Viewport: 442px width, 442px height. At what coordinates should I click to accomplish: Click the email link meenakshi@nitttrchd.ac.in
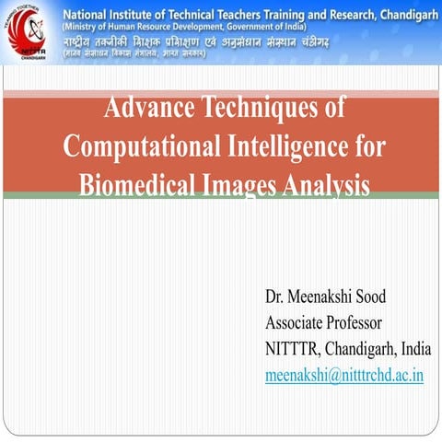coord(343,376)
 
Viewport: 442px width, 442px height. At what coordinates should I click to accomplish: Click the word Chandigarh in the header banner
coord(398,11)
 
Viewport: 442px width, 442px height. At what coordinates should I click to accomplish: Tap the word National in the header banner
coord(90,11)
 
